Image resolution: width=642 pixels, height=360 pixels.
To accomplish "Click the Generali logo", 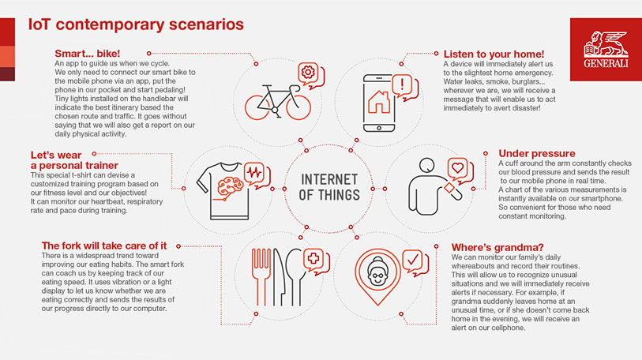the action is coord(606,49).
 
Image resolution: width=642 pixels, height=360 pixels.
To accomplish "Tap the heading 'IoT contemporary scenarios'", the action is coord(136,24).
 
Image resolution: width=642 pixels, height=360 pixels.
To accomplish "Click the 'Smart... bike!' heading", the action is coord(87,54).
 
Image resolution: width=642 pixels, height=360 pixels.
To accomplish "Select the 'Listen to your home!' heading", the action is coord(494,54).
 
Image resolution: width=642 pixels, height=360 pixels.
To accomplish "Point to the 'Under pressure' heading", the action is coord(537,154).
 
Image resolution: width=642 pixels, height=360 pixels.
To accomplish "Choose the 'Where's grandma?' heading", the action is coord(497,247).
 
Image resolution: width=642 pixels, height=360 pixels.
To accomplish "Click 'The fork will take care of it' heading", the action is coord(104,246).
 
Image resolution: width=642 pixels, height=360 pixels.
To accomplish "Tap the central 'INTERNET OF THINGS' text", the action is coord(329,188).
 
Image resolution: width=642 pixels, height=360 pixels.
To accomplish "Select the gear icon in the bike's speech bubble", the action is coord(308,73).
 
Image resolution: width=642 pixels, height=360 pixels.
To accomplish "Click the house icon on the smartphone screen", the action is coord(379,102).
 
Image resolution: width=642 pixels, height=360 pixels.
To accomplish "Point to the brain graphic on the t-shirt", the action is coord(231,187).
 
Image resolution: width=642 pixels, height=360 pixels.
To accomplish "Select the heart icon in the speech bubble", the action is coord(457,167).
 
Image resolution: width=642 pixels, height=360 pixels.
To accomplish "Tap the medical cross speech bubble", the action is coord(316,261).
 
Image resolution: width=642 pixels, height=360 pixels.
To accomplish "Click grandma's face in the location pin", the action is coord(377,273).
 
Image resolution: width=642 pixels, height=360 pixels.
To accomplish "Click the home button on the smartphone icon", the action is coord(379,128).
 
